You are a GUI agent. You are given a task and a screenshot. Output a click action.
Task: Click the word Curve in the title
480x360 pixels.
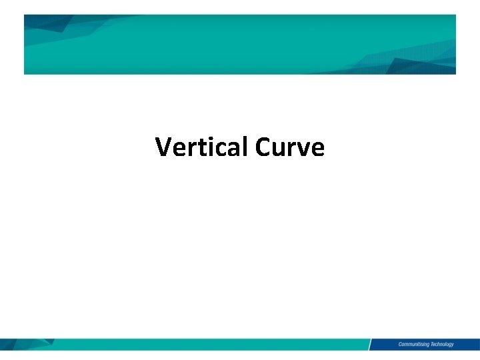coord(289,147)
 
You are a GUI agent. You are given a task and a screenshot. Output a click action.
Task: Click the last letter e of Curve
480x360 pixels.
coord(317,149)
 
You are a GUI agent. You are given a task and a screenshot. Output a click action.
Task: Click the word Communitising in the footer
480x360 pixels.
coord(413,344)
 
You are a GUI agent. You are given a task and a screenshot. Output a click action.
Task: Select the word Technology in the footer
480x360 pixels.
coord(441,344)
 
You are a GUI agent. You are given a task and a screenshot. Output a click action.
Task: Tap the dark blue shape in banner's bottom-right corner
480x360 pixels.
coord(420,66)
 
